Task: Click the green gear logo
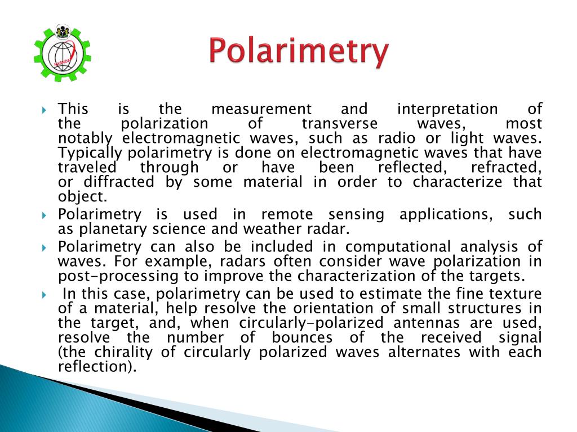pos(63,54)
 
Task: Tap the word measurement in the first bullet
pos(261,109)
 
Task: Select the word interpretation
pos(447,109)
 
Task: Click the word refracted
pos(506,167)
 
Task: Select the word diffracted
pos(118,182)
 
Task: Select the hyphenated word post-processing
pos(128,276)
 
